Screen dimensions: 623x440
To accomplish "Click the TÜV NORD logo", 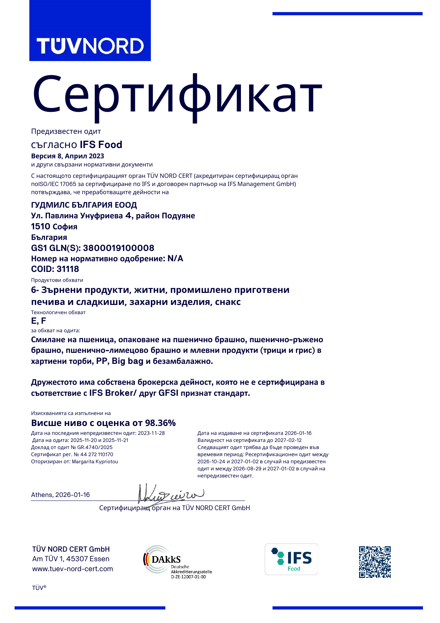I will tap(90, 46).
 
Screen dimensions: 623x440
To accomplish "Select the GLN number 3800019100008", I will tap(119, 248).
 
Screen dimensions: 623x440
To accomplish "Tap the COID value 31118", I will tap(68, 269).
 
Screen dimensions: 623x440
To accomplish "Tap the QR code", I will tap(374, 562).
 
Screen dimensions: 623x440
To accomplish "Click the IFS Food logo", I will tap(291, 559).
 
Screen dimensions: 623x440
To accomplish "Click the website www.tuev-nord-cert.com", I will tap(73, 569).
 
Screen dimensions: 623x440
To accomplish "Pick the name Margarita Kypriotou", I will tap(95, 461).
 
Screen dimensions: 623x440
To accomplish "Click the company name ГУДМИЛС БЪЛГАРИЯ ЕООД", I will tap(84, 205).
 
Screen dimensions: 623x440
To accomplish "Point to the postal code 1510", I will tap(40, 226).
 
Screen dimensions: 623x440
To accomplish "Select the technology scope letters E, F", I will tap(39, 321).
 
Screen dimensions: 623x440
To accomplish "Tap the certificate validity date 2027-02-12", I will tap(288, 440).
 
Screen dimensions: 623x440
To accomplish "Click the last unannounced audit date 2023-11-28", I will tap(151, 433).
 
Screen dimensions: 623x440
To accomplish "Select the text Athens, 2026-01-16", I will tap(60, 495).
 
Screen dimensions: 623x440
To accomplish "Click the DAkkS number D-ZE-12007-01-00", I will tap(188, 577).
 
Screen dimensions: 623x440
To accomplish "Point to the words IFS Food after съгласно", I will tap(101, 144).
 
